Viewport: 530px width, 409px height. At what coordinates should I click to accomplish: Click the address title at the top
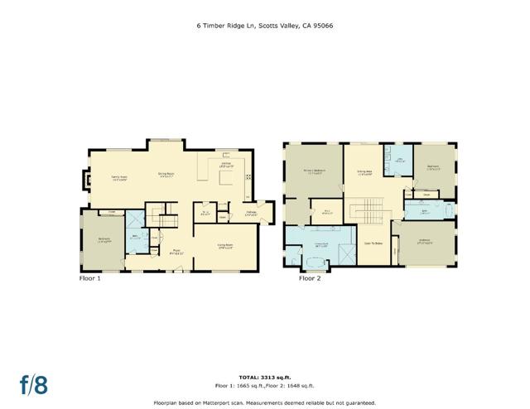pos(264,26)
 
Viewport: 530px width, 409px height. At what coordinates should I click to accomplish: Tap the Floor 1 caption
pos(88,278)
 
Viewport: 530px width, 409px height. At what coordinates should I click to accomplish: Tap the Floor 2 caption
pos(310,278)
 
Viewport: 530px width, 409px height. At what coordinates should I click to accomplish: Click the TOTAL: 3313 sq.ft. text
pos(264,377)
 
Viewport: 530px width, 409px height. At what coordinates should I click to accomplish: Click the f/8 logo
pos(33,383)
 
